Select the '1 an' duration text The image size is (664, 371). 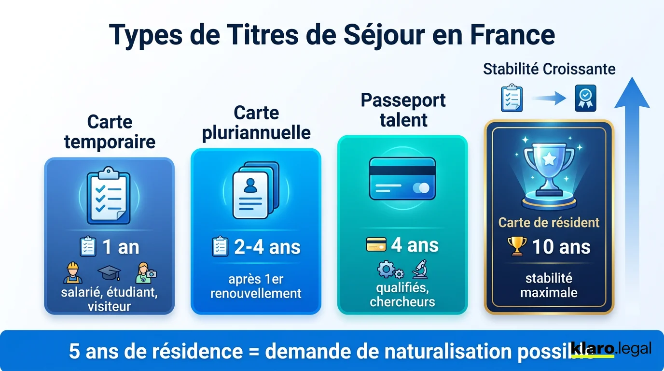coord(121,247)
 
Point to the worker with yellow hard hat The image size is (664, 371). coord(73,273)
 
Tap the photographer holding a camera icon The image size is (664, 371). coord(146,273)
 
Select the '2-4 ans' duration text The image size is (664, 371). coord(267,247)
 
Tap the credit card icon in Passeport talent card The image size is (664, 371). coord(402,179)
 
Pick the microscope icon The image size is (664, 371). coord(418,269)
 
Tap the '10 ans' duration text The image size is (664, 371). coord(561,247)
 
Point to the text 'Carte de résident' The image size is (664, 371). coord(549,222)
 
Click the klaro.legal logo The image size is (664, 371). coord(610,349)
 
